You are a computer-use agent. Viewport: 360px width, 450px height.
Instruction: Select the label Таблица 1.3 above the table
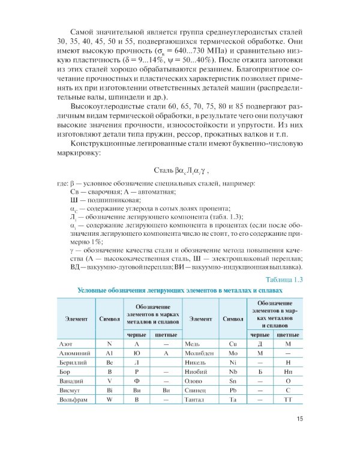click(x=285, y=280)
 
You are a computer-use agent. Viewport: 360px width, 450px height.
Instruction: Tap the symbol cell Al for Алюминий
click(x=109, y=355)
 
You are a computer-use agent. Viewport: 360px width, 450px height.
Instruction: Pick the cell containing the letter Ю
click(x=137, y=355)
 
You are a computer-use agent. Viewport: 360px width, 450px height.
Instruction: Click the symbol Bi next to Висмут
click(x=109, y=388)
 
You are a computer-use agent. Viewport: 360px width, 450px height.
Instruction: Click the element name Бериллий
click(x=72, y=366)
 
